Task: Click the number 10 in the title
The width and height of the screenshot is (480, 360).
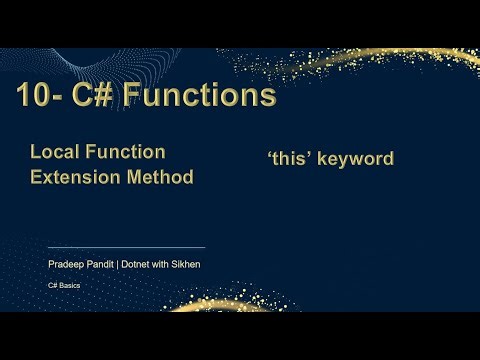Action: click(33, 96)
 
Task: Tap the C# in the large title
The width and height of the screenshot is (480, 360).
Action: click(96, 96)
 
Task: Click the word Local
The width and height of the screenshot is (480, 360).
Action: click(53, 152)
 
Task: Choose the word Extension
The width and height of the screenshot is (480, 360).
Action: click(73, 177)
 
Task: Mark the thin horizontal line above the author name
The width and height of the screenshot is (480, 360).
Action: click(126, 246)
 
